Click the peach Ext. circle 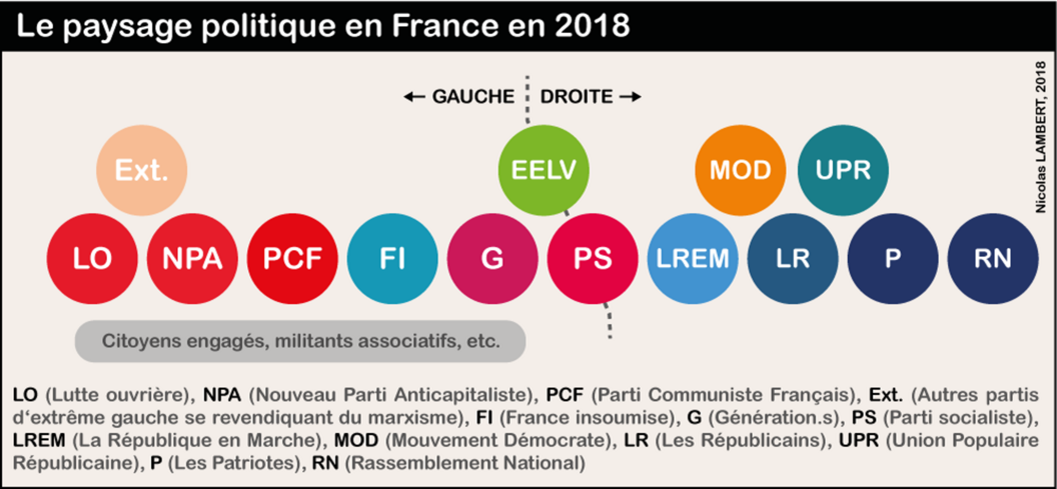coord(141,170)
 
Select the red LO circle coord(92,259)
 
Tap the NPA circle coord(192,259)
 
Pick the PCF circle coord(292,259)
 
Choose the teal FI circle coord(392,259)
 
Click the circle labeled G coord(492,259)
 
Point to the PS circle coord(592,259)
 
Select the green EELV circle coord(543,170)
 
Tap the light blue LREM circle coord(692,259)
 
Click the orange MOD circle coord(740,170)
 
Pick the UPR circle coord(843,170)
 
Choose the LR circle coord(793,259)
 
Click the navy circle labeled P coord(893,259)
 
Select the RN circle coord(993,259)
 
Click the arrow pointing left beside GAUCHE coord(414,97)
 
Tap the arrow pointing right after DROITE coord(630,97)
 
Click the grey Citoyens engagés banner coord(300,341)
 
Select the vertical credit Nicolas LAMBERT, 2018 coord(1041,137)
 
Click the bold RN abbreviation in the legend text coord(325,463)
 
